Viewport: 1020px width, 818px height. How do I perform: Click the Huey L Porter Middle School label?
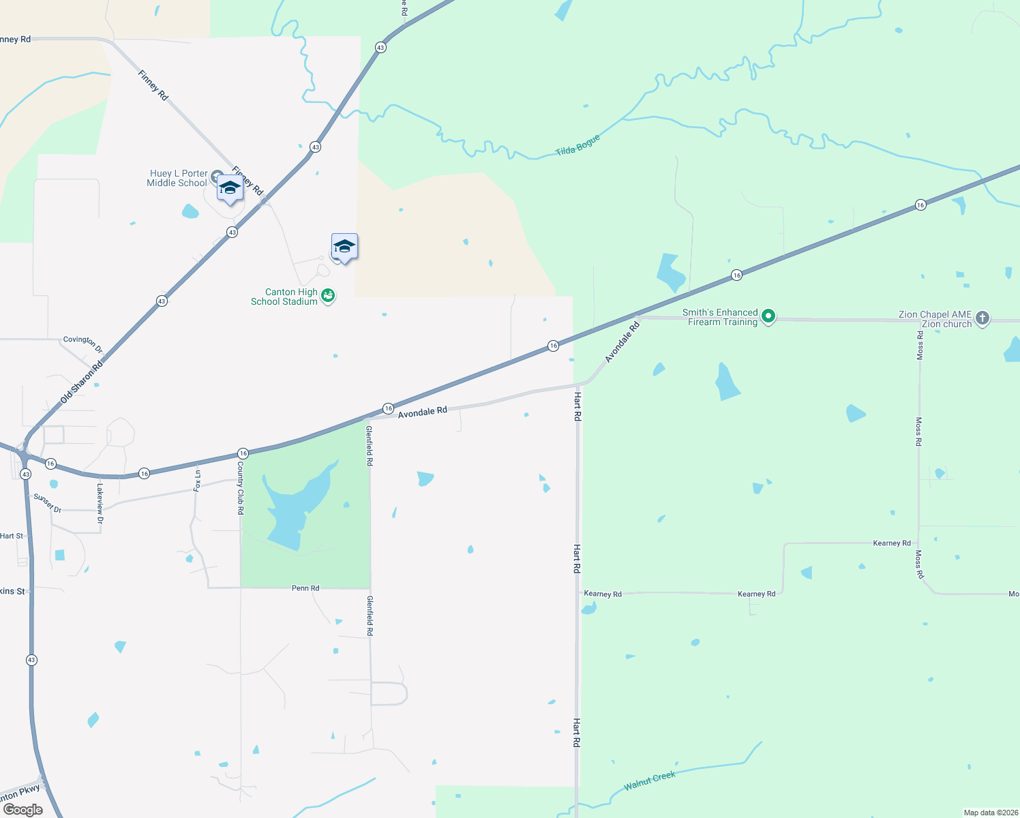coord(177,178)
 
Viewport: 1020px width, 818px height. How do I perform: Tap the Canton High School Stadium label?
coord(284,297)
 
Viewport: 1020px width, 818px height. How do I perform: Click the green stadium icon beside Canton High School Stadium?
coord(328,296)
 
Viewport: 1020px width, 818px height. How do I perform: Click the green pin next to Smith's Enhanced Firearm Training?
coord(768,316)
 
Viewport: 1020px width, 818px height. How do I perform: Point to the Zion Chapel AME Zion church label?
coord(935,319)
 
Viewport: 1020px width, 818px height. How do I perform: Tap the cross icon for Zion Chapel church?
coord(982,318)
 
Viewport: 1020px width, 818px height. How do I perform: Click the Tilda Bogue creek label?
coord(577,145)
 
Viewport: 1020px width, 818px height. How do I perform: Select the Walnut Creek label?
coord(649,781)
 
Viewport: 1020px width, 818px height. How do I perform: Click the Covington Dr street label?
coord(82,344)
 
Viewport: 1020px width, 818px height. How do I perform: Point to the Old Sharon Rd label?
coord(81,381)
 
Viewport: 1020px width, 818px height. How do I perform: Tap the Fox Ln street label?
coord(197,481)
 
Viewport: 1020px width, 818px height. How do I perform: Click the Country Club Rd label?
coord(241,487)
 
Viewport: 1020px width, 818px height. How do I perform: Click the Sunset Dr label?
coord(48,504)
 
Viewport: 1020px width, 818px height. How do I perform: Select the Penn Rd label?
coord(305,588)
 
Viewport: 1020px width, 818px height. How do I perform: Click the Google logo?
coord(23,809)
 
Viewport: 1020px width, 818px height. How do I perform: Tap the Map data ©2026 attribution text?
coord(990,813)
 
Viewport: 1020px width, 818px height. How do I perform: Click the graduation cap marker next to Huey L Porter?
coord(230,188)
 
